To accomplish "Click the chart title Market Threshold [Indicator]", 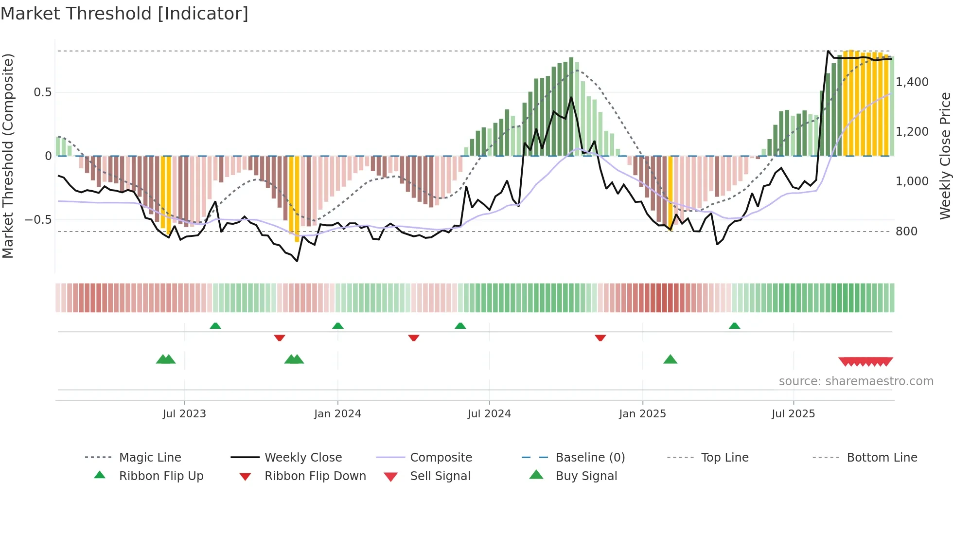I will (124, 14).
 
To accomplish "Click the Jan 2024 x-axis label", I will (337, 414).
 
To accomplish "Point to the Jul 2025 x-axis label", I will (793, 414).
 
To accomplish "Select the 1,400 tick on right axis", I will (912, 82).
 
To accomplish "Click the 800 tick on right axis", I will (906, 232).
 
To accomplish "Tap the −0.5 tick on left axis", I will (38, 220).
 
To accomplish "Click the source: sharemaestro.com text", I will (856, 381).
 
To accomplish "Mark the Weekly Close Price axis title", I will (945, 156).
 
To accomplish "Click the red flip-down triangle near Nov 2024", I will (600, 338).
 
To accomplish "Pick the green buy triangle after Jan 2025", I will (670, 359).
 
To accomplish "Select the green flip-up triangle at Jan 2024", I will (338, 325).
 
